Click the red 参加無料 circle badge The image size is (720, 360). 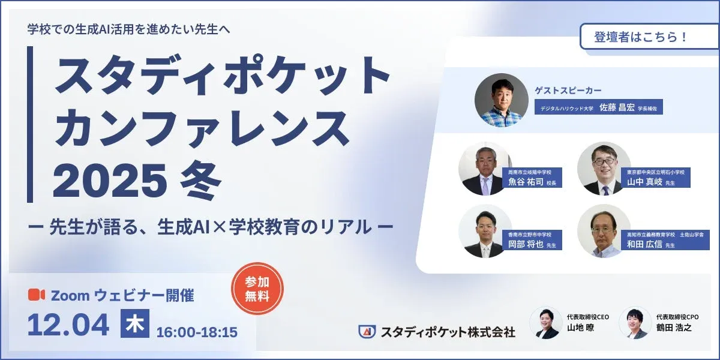coord(257,289)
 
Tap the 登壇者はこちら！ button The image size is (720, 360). coord(641,37)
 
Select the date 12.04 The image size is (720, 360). coord(68,325)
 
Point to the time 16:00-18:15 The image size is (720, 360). coord(197,332)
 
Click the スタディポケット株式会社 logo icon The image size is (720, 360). coord(367,331)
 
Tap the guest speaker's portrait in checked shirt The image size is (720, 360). coord(502,100)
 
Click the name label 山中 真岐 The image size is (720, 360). coord(641,182)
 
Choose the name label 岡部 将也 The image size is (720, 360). coord(522,244)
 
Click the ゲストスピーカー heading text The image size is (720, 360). coord(568,90)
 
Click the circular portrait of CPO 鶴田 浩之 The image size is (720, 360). coord(635,323)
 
